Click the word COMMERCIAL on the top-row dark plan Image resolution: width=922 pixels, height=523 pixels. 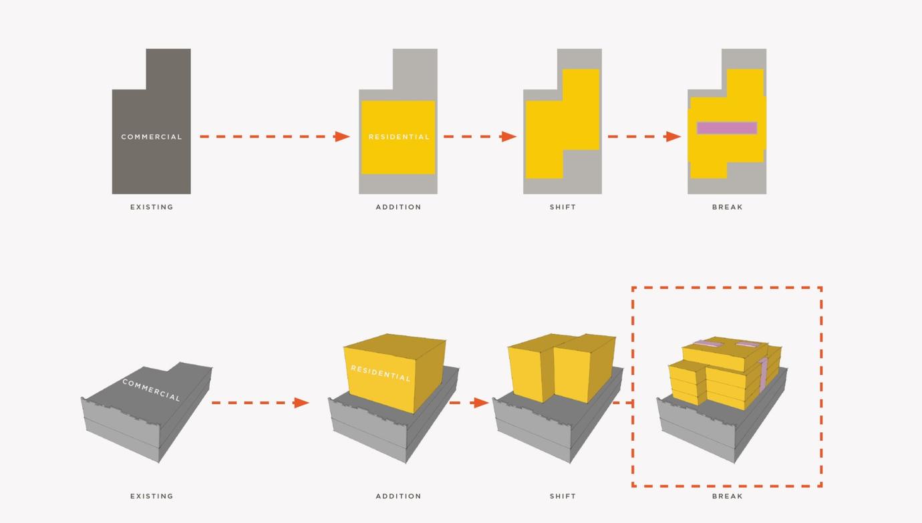tap(152, 137)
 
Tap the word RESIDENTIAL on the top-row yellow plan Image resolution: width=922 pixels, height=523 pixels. tap(399, 137)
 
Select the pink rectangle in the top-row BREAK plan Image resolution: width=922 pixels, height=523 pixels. tap(727, 128)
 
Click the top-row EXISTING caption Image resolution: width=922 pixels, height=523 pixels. tap(152, 207)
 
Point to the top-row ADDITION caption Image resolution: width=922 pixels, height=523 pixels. tap(398, 207)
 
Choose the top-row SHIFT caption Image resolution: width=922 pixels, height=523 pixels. tap(563, 207)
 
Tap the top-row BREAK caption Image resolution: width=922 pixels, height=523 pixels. tap(727, 207)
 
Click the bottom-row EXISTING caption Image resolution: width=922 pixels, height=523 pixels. tap(152, 496)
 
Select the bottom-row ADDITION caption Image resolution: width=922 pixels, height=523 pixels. tap(398, 496)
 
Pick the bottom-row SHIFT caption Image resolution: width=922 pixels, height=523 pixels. tap(563, 496)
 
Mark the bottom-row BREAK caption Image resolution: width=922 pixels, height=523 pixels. tap(727, 496)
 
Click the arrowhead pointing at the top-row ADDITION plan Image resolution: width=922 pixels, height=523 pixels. tap(342, 136)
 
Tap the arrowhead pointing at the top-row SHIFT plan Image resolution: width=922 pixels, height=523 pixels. tap(508, 136)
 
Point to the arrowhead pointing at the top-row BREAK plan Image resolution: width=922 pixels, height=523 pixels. tap(673, 136)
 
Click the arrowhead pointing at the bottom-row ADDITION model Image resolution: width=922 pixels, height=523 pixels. tap(301, 403)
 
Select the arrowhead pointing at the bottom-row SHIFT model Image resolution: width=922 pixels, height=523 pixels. tap(481, 403)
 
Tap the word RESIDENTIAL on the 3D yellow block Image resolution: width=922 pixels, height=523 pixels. tap(380, 373)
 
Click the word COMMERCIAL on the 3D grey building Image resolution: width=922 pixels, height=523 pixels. tap(151, 390)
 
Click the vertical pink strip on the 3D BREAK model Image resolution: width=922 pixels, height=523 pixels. tap(763, 374)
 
